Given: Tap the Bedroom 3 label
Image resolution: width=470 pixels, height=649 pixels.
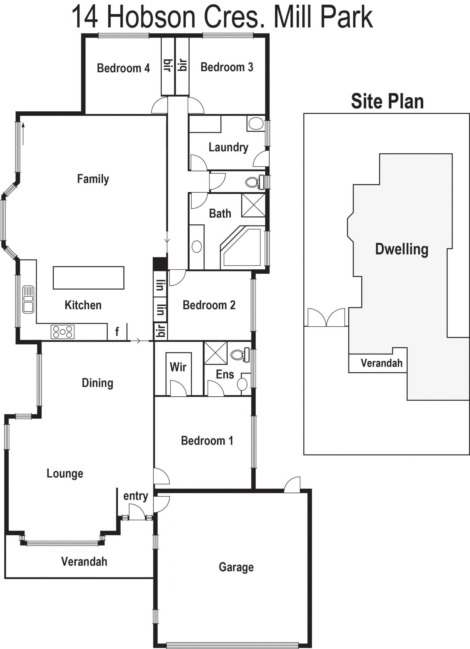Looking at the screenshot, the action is coord(227,67).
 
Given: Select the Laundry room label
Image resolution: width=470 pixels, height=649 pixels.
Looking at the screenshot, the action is coord(228,148).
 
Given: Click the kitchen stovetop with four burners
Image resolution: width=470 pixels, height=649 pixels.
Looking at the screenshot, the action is coord(63,332).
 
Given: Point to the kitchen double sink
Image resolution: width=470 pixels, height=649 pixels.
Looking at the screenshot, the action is coord(28,299).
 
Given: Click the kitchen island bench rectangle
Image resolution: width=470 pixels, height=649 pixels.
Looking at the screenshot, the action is coord(88,278).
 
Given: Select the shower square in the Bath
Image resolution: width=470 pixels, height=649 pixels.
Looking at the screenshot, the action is coord(253,205).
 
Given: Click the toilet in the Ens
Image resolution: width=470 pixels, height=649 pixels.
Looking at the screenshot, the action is coord(240,355).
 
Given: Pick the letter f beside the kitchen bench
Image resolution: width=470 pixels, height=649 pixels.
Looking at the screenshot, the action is coord(117,332).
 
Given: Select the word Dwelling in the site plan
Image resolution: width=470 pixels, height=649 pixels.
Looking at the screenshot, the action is coord(402,249).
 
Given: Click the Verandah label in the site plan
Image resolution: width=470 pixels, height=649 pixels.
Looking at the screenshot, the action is coord(381,363).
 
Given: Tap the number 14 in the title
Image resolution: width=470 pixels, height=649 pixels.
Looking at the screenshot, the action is coord(85,17).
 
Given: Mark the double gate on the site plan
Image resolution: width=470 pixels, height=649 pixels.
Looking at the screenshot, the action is coord(326,317).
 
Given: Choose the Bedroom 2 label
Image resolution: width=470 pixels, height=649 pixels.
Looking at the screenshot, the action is coord(209,305).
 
